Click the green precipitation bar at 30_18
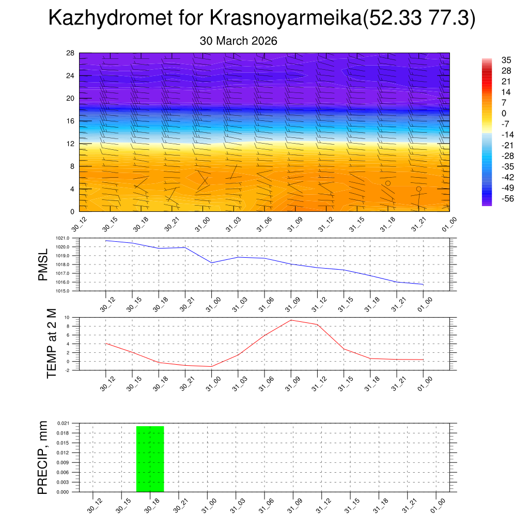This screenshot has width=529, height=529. (150, 459)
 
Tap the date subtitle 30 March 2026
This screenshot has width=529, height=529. (238, 41)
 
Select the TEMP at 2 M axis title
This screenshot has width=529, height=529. (52, 343)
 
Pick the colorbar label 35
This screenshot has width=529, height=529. (506, 60)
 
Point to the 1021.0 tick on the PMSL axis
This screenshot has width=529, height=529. (70, 238)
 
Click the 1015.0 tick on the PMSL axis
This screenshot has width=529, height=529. (70, 291)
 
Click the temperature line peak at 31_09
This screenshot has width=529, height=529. (291, 320)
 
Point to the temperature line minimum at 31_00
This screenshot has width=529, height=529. (211, 366)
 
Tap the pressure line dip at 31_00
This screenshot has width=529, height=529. (211, 263)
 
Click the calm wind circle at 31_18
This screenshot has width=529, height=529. (388, 183)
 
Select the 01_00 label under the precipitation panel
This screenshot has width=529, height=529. (438, 505)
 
